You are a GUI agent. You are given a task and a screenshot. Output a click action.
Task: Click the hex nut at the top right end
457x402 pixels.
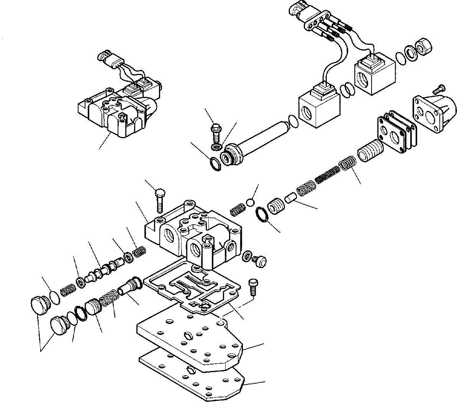tap(424, 47)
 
